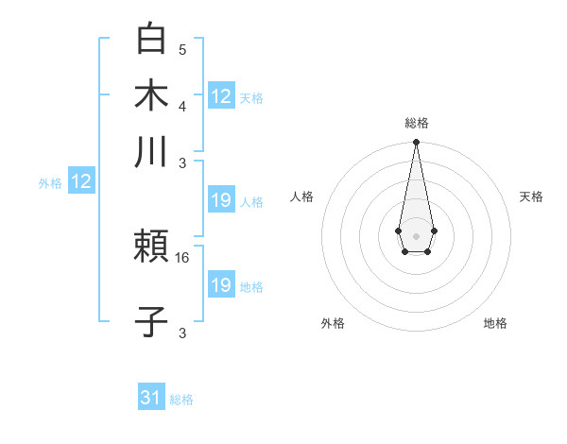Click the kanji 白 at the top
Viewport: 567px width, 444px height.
click(152, 39)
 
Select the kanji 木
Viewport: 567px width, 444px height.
click(152, 94)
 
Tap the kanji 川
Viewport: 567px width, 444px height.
click(152, 151)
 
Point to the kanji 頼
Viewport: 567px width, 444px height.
click(152, 248)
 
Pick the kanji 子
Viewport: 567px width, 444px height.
click(152, 321)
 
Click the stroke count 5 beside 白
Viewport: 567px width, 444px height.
click(181, 49)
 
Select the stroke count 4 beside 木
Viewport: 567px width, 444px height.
click(181, 105)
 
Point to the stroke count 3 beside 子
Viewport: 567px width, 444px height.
click(181, 333)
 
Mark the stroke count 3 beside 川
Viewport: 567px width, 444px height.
click(181, 162)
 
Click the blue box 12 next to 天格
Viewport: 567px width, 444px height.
click(221, 95)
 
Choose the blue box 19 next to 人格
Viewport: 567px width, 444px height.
click(221, 200)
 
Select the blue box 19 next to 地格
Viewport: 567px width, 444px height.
click(221, 285)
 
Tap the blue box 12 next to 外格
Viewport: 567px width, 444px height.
click(81, 181)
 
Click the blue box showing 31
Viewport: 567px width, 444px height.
click(151, 398)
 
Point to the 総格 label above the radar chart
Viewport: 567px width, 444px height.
click(416, 123)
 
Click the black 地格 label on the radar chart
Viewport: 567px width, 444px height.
click(495, 323)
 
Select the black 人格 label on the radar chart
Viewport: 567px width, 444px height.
click(301, 196)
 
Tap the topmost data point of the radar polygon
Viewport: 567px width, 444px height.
click(416, 143)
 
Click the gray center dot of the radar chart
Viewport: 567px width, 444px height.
click(416, 234)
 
